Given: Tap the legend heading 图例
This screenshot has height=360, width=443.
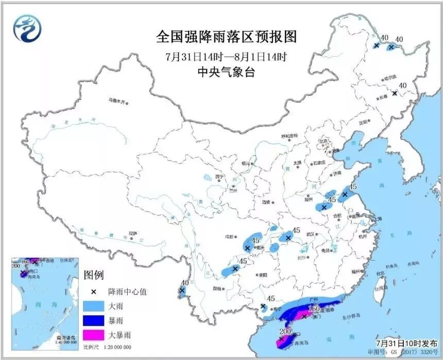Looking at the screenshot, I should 94,273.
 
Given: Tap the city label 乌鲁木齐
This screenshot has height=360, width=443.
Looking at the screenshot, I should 117,101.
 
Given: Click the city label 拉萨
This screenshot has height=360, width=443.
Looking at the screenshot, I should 134,233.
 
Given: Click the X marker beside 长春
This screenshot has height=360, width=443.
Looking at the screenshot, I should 395,93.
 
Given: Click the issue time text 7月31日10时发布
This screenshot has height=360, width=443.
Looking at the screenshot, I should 405,343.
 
